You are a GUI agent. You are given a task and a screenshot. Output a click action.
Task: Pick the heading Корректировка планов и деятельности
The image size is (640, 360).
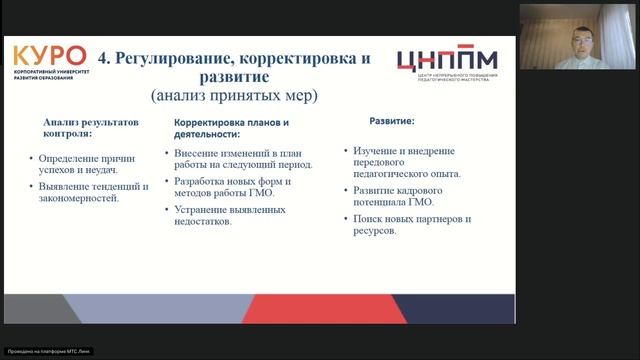tap(225, 127)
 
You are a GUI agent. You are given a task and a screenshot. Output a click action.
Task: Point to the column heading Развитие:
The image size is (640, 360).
tap(390, 121)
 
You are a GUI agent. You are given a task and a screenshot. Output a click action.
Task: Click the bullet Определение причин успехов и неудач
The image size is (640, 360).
tap(90, 164)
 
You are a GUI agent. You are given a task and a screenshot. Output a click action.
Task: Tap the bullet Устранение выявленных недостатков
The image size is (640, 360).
tap(230, 215)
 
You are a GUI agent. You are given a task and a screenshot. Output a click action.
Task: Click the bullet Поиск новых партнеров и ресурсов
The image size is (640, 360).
tap(411, 224)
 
